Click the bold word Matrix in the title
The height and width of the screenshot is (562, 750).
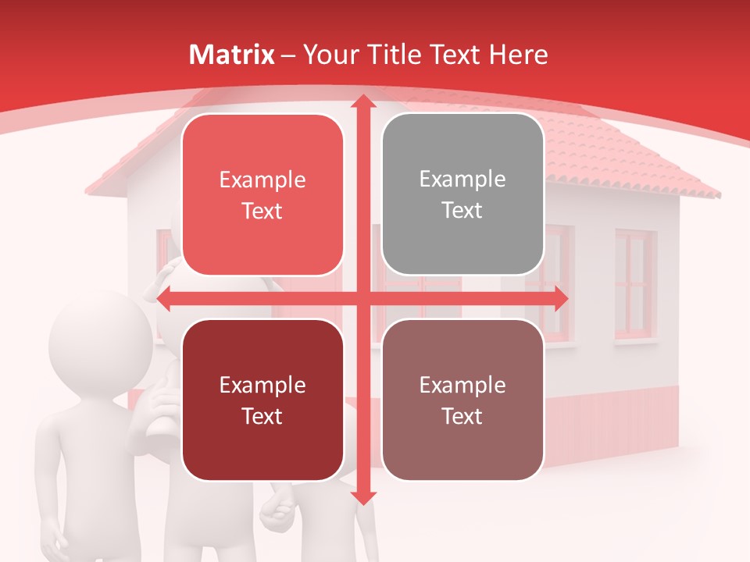(x=232, y=55)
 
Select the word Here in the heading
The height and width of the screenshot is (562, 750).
(x=518, y=55)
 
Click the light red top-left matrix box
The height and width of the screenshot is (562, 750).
(x=262, y=195)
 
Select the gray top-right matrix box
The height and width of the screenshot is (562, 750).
(x=462, y=194)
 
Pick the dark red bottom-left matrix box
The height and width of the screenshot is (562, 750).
(x=262, y=400)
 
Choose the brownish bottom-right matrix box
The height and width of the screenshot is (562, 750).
(x=462, y=400)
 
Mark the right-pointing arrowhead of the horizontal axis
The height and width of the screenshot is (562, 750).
(x=560, y=299)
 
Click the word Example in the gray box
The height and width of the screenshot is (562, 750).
(x=462, y=180)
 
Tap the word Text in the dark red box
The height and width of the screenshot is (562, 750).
(x=262, y=416)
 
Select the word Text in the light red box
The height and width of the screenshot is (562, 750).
(x=262, y=212)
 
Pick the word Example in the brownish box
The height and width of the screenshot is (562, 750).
(x=462, y=385)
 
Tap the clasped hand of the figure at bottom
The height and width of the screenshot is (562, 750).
(x=275, y=511)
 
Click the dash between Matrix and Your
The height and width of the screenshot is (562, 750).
(x=288, y=55)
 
